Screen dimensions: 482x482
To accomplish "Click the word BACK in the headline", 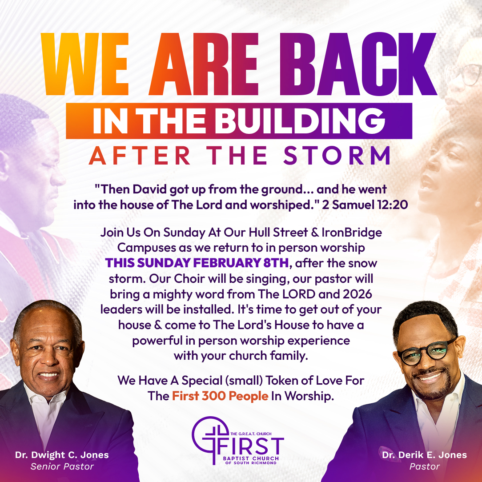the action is coord(358,64).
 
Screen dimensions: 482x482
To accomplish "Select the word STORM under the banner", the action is coord(337,156).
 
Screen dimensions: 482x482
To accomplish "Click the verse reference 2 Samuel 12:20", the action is coord(365,205).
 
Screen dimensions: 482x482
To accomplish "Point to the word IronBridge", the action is coord(352,233).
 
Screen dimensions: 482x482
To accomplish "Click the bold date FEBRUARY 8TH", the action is coord(241,263).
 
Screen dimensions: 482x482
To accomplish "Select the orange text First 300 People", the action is coord(220,396).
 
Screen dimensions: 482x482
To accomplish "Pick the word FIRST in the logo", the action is coord(250,446).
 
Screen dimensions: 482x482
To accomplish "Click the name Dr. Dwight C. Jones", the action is coord(62,455).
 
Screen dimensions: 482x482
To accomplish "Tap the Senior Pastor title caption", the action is coord(62,466).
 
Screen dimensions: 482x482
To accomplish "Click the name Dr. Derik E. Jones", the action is coord(424,455).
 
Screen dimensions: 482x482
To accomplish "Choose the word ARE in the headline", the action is coord(204,64).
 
